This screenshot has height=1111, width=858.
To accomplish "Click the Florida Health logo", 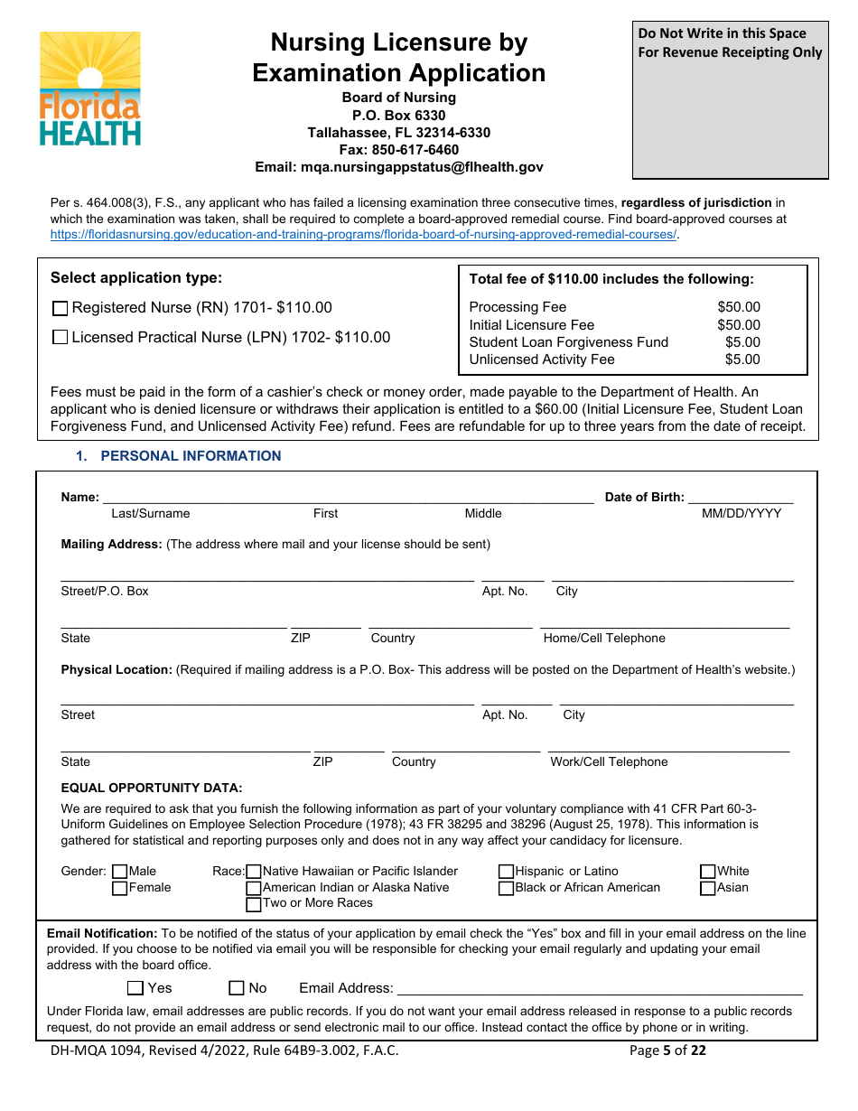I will [x=90, y=89].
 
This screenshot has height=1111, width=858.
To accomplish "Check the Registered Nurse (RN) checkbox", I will [x=61, y=308].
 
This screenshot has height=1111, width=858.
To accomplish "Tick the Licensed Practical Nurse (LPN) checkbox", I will [x=61, y=338].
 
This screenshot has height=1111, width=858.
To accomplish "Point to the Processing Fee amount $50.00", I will [x=738, y=307].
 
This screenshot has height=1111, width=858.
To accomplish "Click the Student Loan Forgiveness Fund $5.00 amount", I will [x=742, y=342].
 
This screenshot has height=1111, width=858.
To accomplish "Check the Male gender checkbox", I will [x=119, y=872].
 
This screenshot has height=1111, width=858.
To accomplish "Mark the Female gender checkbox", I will [x=119, y=888].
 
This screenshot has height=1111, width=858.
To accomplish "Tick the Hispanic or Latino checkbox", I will [x=507, y=872].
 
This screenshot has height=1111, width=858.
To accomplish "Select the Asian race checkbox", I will [x=709, y=888].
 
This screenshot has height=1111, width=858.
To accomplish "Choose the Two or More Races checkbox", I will [x=254, y=903].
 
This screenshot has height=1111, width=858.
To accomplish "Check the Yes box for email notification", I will [x=135, y=988].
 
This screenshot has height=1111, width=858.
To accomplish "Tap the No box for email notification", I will [x=237, y=988].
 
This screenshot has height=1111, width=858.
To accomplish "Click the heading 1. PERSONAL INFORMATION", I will [x=179, y=456].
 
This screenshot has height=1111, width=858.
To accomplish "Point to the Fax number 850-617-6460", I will [x=398, y=150].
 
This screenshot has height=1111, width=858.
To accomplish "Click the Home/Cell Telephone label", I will [x=604, y=639].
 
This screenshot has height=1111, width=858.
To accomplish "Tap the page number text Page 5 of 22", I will [x=667, y=1050].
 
